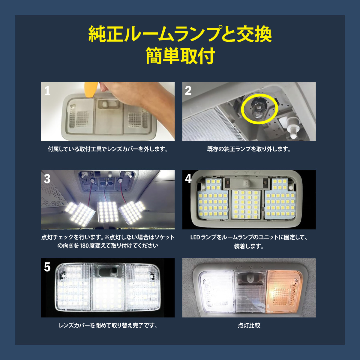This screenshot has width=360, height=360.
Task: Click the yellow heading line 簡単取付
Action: (x=180, y=56)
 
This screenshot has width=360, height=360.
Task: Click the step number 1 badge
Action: (x=47, y=91)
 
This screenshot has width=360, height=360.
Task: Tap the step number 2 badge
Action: (x=188, y=91)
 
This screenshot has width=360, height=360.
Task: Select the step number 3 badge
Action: (x=47, y=179)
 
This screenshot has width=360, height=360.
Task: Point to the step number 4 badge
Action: (x=188, y=179)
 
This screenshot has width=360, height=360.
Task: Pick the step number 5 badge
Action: (x=47, y=267)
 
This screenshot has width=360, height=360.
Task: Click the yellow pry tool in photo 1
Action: (x=91, y=89)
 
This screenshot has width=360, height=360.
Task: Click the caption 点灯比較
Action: (x=249, y=325)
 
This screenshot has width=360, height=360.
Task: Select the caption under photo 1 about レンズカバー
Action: (x=108, y=149)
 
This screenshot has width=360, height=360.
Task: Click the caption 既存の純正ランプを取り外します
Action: (x=249, y=149)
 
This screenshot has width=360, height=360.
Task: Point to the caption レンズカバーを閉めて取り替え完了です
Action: (x=108, y=325)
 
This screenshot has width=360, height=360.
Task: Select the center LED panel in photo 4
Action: (x=246, y=204)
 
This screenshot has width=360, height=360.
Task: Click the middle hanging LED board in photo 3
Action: (x=107, y=211)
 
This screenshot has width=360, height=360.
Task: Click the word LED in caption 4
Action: (x=195, y=237)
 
